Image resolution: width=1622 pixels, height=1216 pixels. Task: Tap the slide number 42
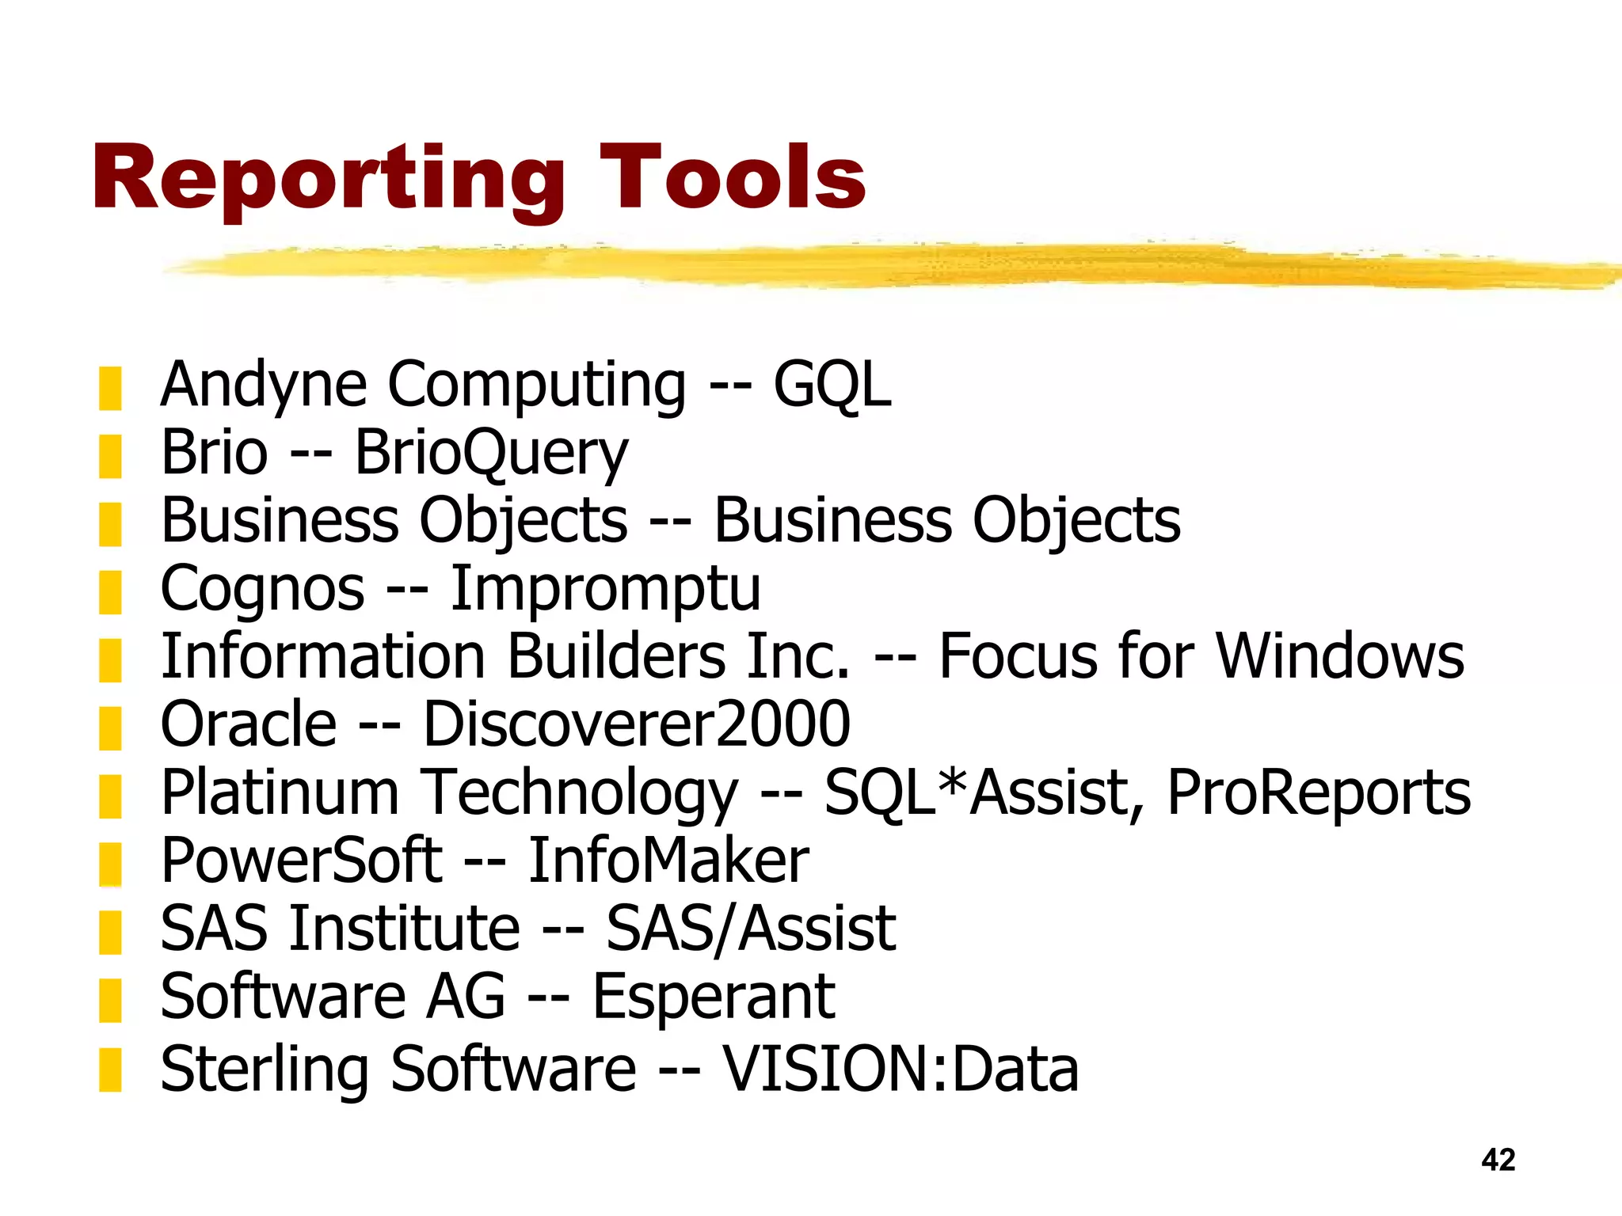click(1498, 1160)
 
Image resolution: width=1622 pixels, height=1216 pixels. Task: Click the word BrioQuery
click(491, 454)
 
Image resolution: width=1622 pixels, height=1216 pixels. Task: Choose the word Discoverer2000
click(637, 724)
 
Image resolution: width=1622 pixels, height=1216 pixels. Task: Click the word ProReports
click(1319, 792)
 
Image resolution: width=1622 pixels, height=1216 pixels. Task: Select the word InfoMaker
click(668, 861)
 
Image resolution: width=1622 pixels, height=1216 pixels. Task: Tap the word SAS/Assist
click(751, 929)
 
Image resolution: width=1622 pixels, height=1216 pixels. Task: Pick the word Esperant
click(713, 997)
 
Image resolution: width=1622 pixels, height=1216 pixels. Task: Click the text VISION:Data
click(900, 1069)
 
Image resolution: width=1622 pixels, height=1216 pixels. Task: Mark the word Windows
click(1340, 656)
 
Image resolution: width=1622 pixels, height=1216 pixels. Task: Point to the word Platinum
click(280, 792)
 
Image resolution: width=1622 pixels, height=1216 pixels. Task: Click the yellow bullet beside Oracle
click(110, 728)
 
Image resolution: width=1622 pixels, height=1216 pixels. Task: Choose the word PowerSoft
click(301, 861)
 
